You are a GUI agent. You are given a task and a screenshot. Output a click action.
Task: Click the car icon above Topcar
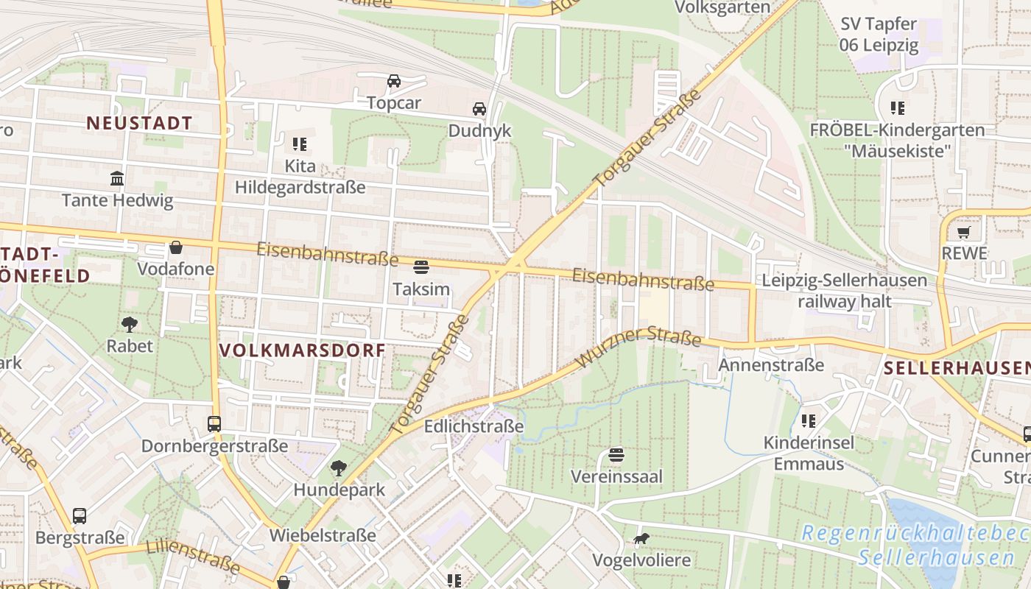click(x=394, y=80)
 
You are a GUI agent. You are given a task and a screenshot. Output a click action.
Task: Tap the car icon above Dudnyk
click(x=479, y=109)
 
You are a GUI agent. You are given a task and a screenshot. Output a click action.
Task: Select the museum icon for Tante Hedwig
click(x=117, y=178)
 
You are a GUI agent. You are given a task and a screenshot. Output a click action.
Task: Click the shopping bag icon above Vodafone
click(x=176, y=247)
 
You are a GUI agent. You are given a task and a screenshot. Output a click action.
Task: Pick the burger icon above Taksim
click(x=421, y=267)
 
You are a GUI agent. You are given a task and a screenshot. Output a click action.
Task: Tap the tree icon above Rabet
click(x=130, y=324)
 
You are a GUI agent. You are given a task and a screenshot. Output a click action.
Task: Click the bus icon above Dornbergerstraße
click(x=214, y=424)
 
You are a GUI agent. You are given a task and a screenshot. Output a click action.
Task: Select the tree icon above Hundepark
click(x=339, y=468)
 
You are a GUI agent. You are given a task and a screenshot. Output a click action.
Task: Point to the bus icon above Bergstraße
click(x=80, y=516)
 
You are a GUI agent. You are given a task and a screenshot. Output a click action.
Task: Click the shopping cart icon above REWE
click(x=963, y=233)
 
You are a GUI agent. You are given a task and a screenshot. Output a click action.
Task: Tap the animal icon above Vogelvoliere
click(x=641, y=539)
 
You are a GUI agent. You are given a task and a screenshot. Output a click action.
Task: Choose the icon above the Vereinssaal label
click(x=616, y=455)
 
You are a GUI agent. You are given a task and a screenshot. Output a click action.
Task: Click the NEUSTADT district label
click(x=139, y=123)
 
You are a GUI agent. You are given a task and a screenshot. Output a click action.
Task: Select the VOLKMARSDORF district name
click(x=303, y=350)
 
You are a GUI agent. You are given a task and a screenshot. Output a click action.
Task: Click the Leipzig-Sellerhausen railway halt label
click(x=844, y=291)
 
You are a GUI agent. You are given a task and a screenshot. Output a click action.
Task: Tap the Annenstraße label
click(x=771, y=365)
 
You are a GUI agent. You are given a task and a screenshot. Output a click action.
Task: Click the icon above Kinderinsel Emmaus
click(x=809, y=421)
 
